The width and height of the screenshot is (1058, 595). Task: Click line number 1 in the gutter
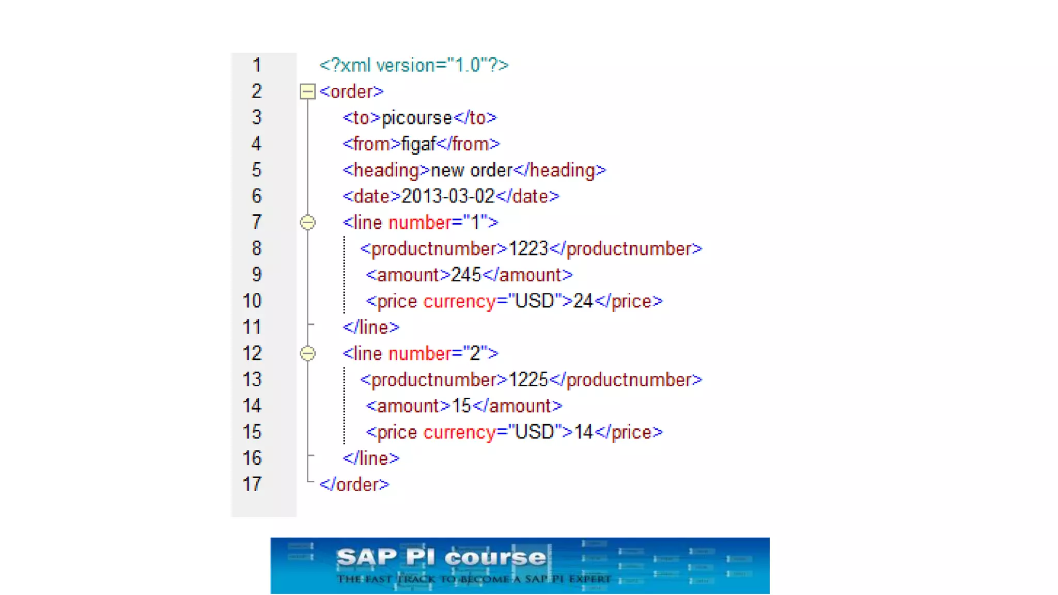256,66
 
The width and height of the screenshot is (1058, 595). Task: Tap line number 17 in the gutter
252,484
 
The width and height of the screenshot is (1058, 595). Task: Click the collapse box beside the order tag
307,92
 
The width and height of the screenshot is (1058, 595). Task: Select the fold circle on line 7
307,223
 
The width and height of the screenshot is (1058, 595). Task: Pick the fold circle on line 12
307,354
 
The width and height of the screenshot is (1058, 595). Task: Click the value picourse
416,118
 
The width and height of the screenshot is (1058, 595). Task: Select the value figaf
418,144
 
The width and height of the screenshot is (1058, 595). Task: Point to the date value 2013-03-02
447,196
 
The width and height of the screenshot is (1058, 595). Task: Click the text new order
471,170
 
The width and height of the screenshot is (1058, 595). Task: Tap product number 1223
528,249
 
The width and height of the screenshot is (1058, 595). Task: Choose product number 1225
528,380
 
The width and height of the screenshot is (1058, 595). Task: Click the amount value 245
466,275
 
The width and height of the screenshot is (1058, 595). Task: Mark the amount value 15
461,406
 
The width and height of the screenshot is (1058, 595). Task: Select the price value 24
583,301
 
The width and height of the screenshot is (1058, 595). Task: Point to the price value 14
583,432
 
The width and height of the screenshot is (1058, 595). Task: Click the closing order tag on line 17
354,484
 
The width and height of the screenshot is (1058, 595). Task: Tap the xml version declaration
414,66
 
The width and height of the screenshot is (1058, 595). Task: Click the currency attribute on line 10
459,301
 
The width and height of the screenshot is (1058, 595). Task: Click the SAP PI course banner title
441,558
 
